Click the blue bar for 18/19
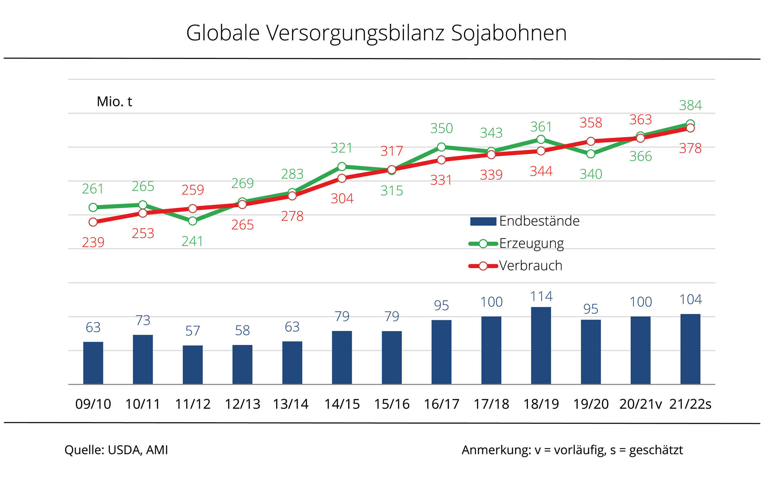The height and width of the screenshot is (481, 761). click(541, 345)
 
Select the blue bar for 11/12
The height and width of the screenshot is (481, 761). click(192, 364)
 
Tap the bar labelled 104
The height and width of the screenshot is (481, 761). click(690, 349)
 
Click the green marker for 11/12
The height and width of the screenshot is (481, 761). click(192, 221)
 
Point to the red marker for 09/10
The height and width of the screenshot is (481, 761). click(93, 222)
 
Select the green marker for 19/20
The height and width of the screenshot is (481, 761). click(591, 154)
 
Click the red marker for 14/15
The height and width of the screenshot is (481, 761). click(342, 178)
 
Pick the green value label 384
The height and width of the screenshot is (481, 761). click(690, 105)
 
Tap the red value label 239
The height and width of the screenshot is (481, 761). click(93, 243)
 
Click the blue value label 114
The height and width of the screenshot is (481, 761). click(541, 296)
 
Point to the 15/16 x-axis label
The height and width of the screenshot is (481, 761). click(392, 404)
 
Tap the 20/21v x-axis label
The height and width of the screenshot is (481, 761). click(640, 404)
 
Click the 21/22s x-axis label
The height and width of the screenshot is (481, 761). click(690, 404)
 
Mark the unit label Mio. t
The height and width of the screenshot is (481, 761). click(114, 102)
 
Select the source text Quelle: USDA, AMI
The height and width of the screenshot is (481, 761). click(116, 450)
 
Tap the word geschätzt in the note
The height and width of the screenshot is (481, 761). click(656, 450)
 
